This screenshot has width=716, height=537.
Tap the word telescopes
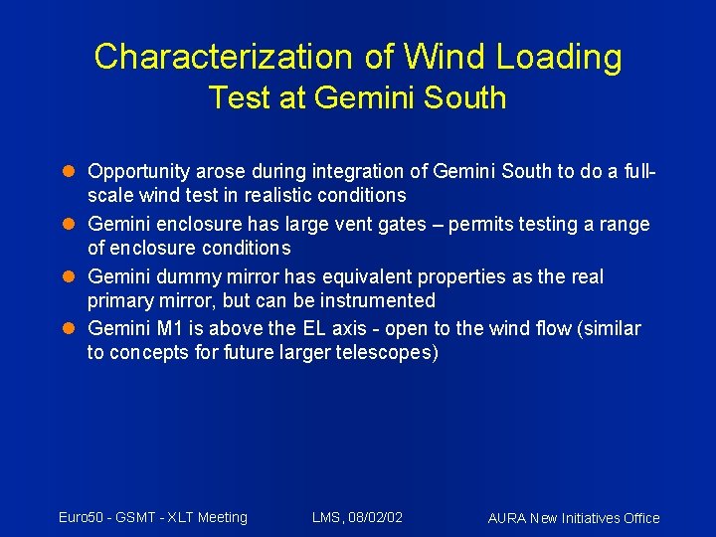[383, 352]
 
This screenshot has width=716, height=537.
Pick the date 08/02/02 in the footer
[375, 517]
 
